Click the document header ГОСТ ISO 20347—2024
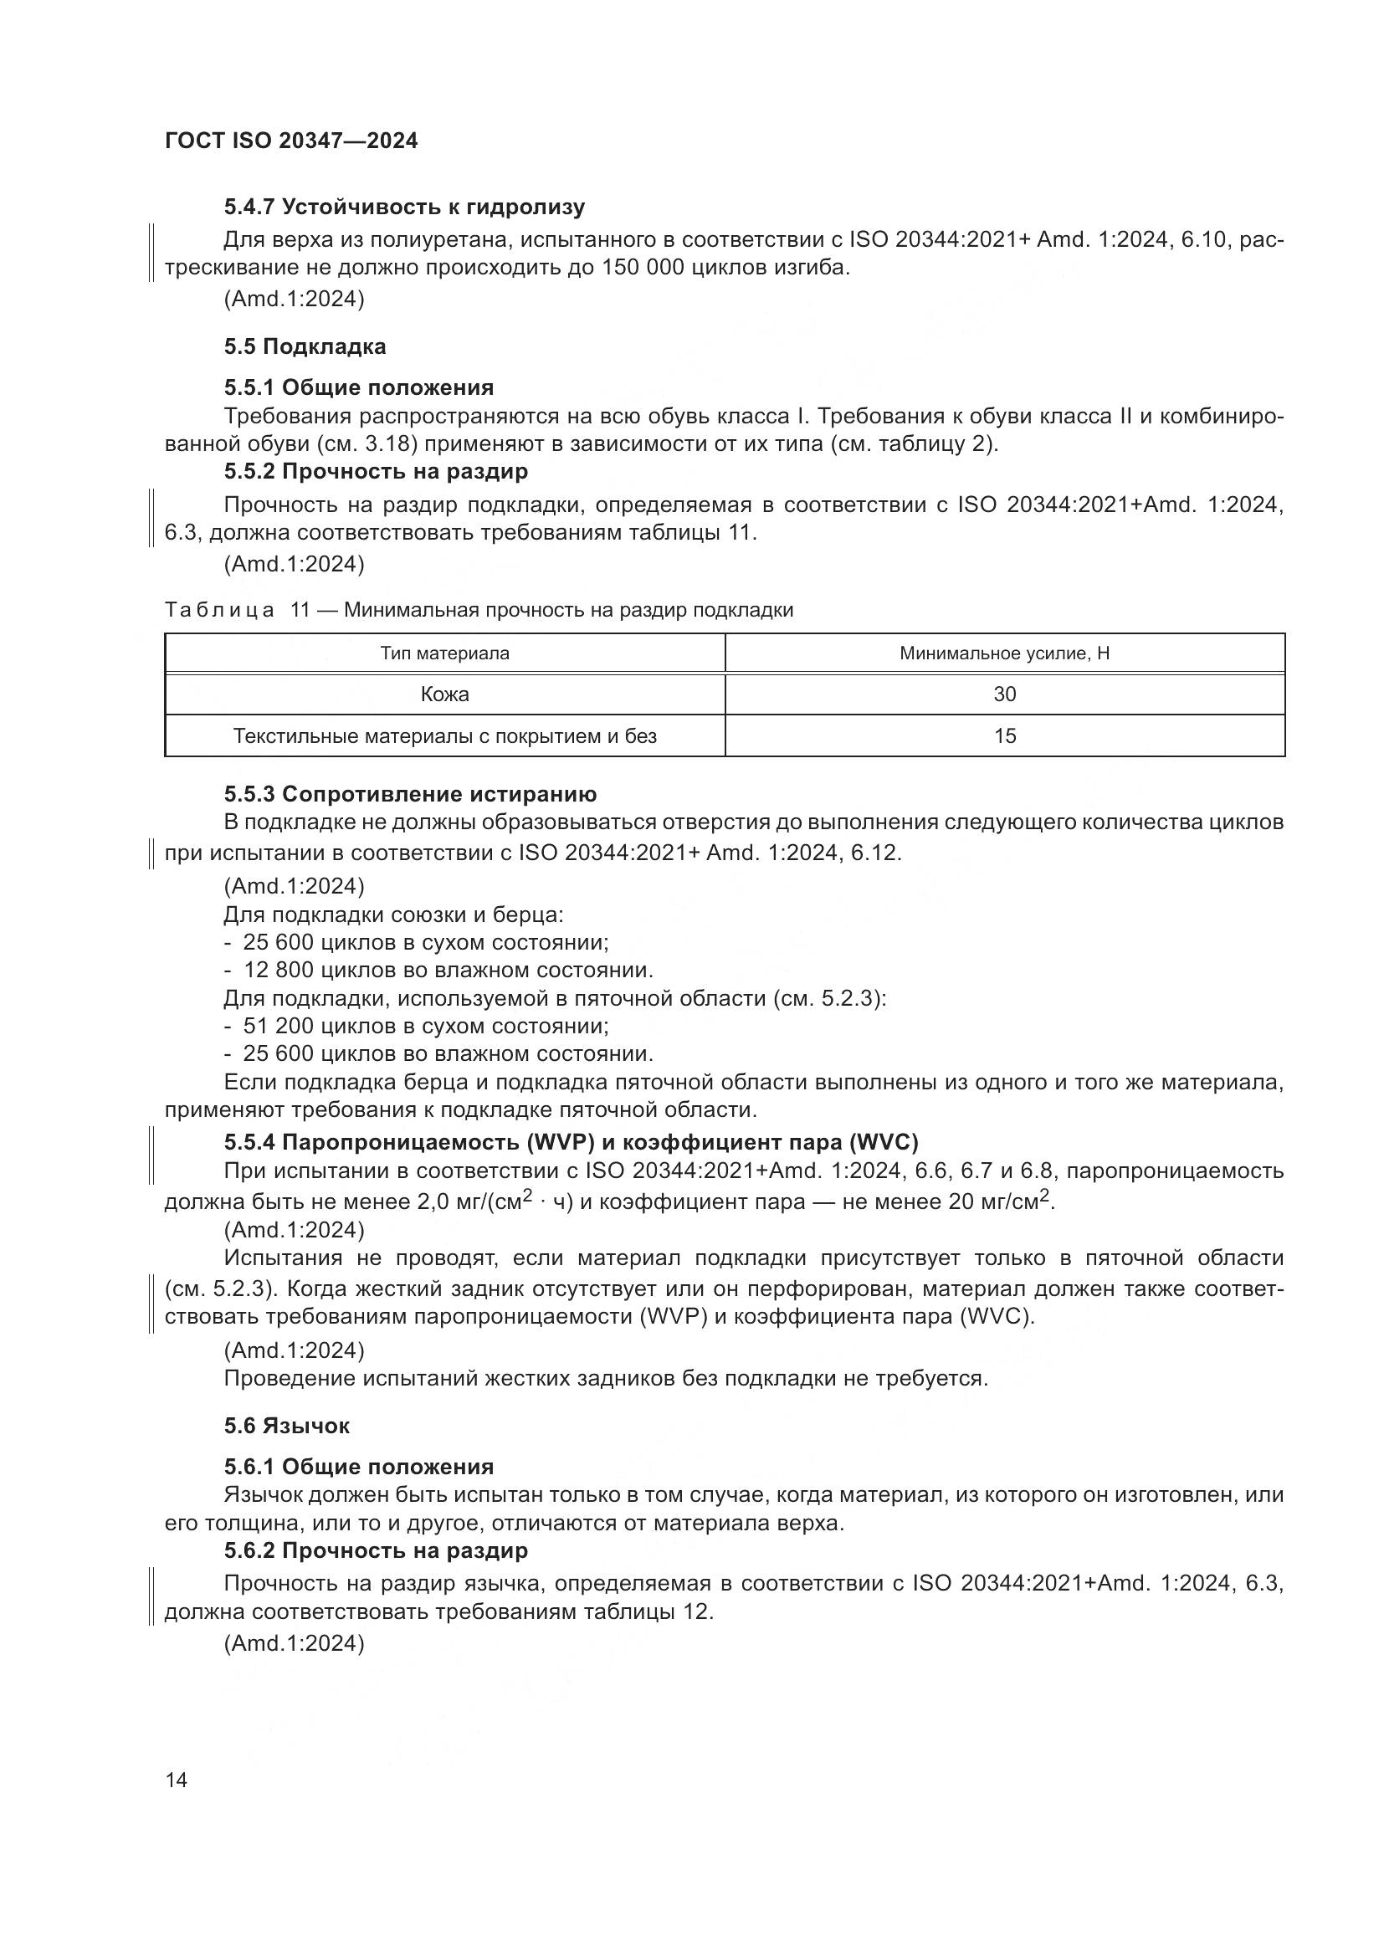(x=290, y=141)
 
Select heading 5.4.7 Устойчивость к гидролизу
(x=404, y=207)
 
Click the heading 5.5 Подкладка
(x=305, y=347)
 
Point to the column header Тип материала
(x=444, y=653)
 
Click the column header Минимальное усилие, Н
(x=1004, y=653)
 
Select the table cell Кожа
(x=444, y=694)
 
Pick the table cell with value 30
(x=1004, y=694)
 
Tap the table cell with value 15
(x=1004, y=736)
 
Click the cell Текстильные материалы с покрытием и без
(x=444, y=736)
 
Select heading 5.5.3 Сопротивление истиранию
(x=410, y=794)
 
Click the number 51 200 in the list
(x=278, y=1027)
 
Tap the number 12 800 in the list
(x=278, y=971)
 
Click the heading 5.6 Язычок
(x=286, y=1426)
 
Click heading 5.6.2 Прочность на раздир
(x=376, y=1550)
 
